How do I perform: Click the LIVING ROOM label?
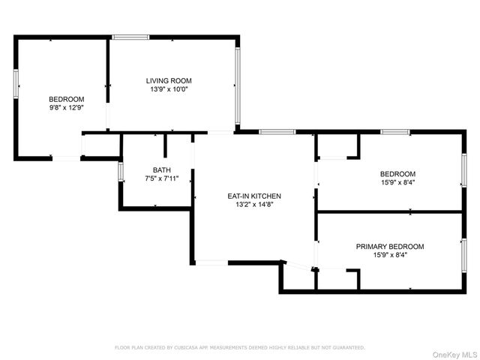click(x=169, y=81)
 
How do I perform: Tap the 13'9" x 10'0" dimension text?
click(x=169, y=89)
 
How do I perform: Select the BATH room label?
click(x=162, y=170)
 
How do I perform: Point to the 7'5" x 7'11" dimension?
click(x=162, y=178)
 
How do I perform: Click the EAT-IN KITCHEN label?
click(x=254, y=196)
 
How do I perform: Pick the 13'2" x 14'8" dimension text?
click(x=254, y=205)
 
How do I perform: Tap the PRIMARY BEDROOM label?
click(x=390, y=247)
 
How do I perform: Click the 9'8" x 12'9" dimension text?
click(x=67, y=108)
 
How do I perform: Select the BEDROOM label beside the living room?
click(x=67, y=99)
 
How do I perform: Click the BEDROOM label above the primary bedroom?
click(x=397, y=174)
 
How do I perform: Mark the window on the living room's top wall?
click(x=130, y=37)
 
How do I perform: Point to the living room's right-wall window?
click(x=238, y=85)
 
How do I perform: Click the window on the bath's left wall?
click(x=121, y=172)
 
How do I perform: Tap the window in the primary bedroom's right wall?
click(x=464, y=255)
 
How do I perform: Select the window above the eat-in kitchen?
click(x=277, y=132)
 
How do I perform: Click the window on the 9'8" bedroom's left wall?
click(x=16, y=84)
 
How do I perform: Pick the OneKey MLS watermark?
click(x=454, y=355)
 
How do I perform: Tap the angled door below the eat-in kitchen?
click(x=298, y=265)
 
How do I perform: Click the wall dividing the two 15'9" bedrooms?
click(x=390, y=211)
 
